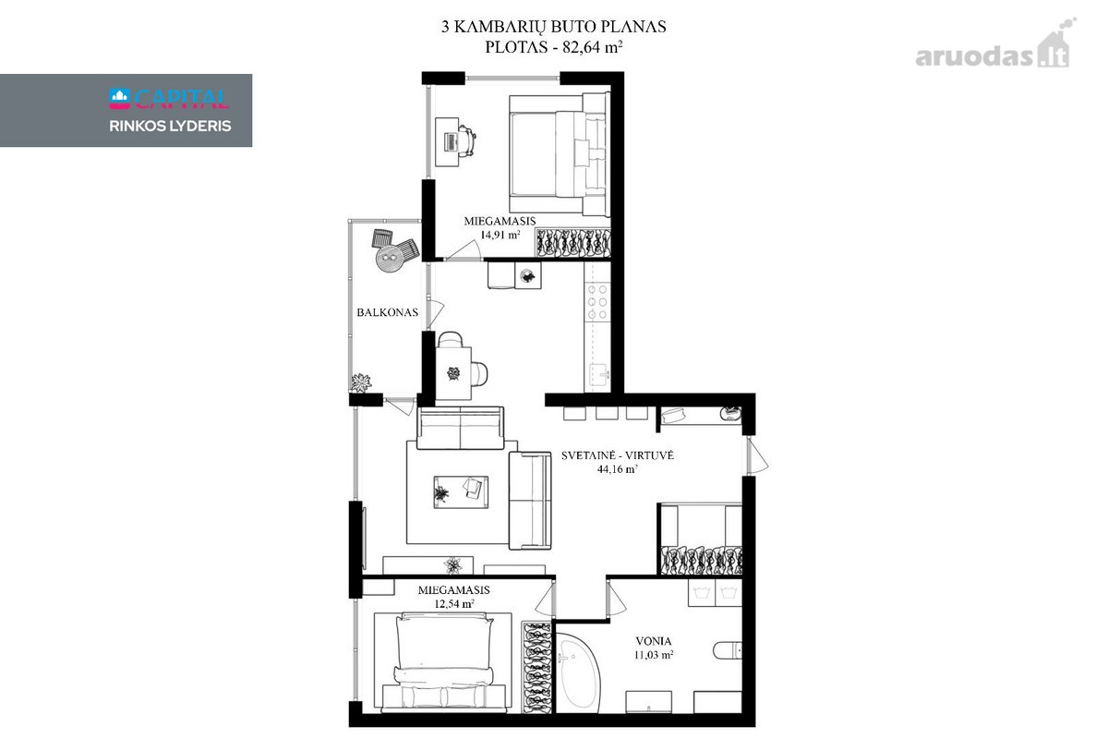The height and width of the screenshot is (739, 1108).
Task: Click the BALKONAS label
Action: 387,312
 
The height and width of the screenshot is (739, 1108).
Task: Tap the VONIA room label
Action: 654,641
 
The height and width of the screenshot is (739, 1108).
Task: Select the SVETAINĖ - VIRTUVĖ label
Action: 618,455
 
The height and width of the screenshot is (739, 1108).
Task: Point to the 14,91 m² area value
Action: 500,236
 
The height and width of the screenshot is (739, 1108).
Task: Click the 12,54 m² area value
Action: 454,604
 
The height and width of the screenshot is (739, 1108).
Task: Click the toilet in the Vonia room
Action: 728,650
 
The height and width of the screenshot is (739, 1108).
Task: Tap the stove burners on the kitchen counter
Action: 597,301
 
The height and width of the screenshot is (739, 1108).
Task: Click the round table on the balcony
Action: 390,258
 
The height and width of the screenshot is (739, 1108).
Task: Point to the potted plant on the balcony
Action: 361,382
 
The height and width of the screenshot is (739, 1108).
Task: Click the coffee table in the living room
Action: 461,492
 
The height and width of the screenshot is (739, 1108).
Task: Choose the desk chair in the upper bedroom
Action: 467,141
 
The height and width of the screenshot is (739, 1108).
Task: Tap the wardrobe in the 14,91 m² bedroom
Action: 573,243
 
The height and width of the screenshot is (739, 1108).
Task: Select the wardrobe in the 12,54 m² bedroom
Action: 537,667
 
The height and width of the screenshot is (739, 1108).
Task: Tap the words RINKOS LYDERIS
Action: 170,127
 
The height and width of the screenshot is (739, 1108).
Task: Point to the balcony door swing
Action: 434,314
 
